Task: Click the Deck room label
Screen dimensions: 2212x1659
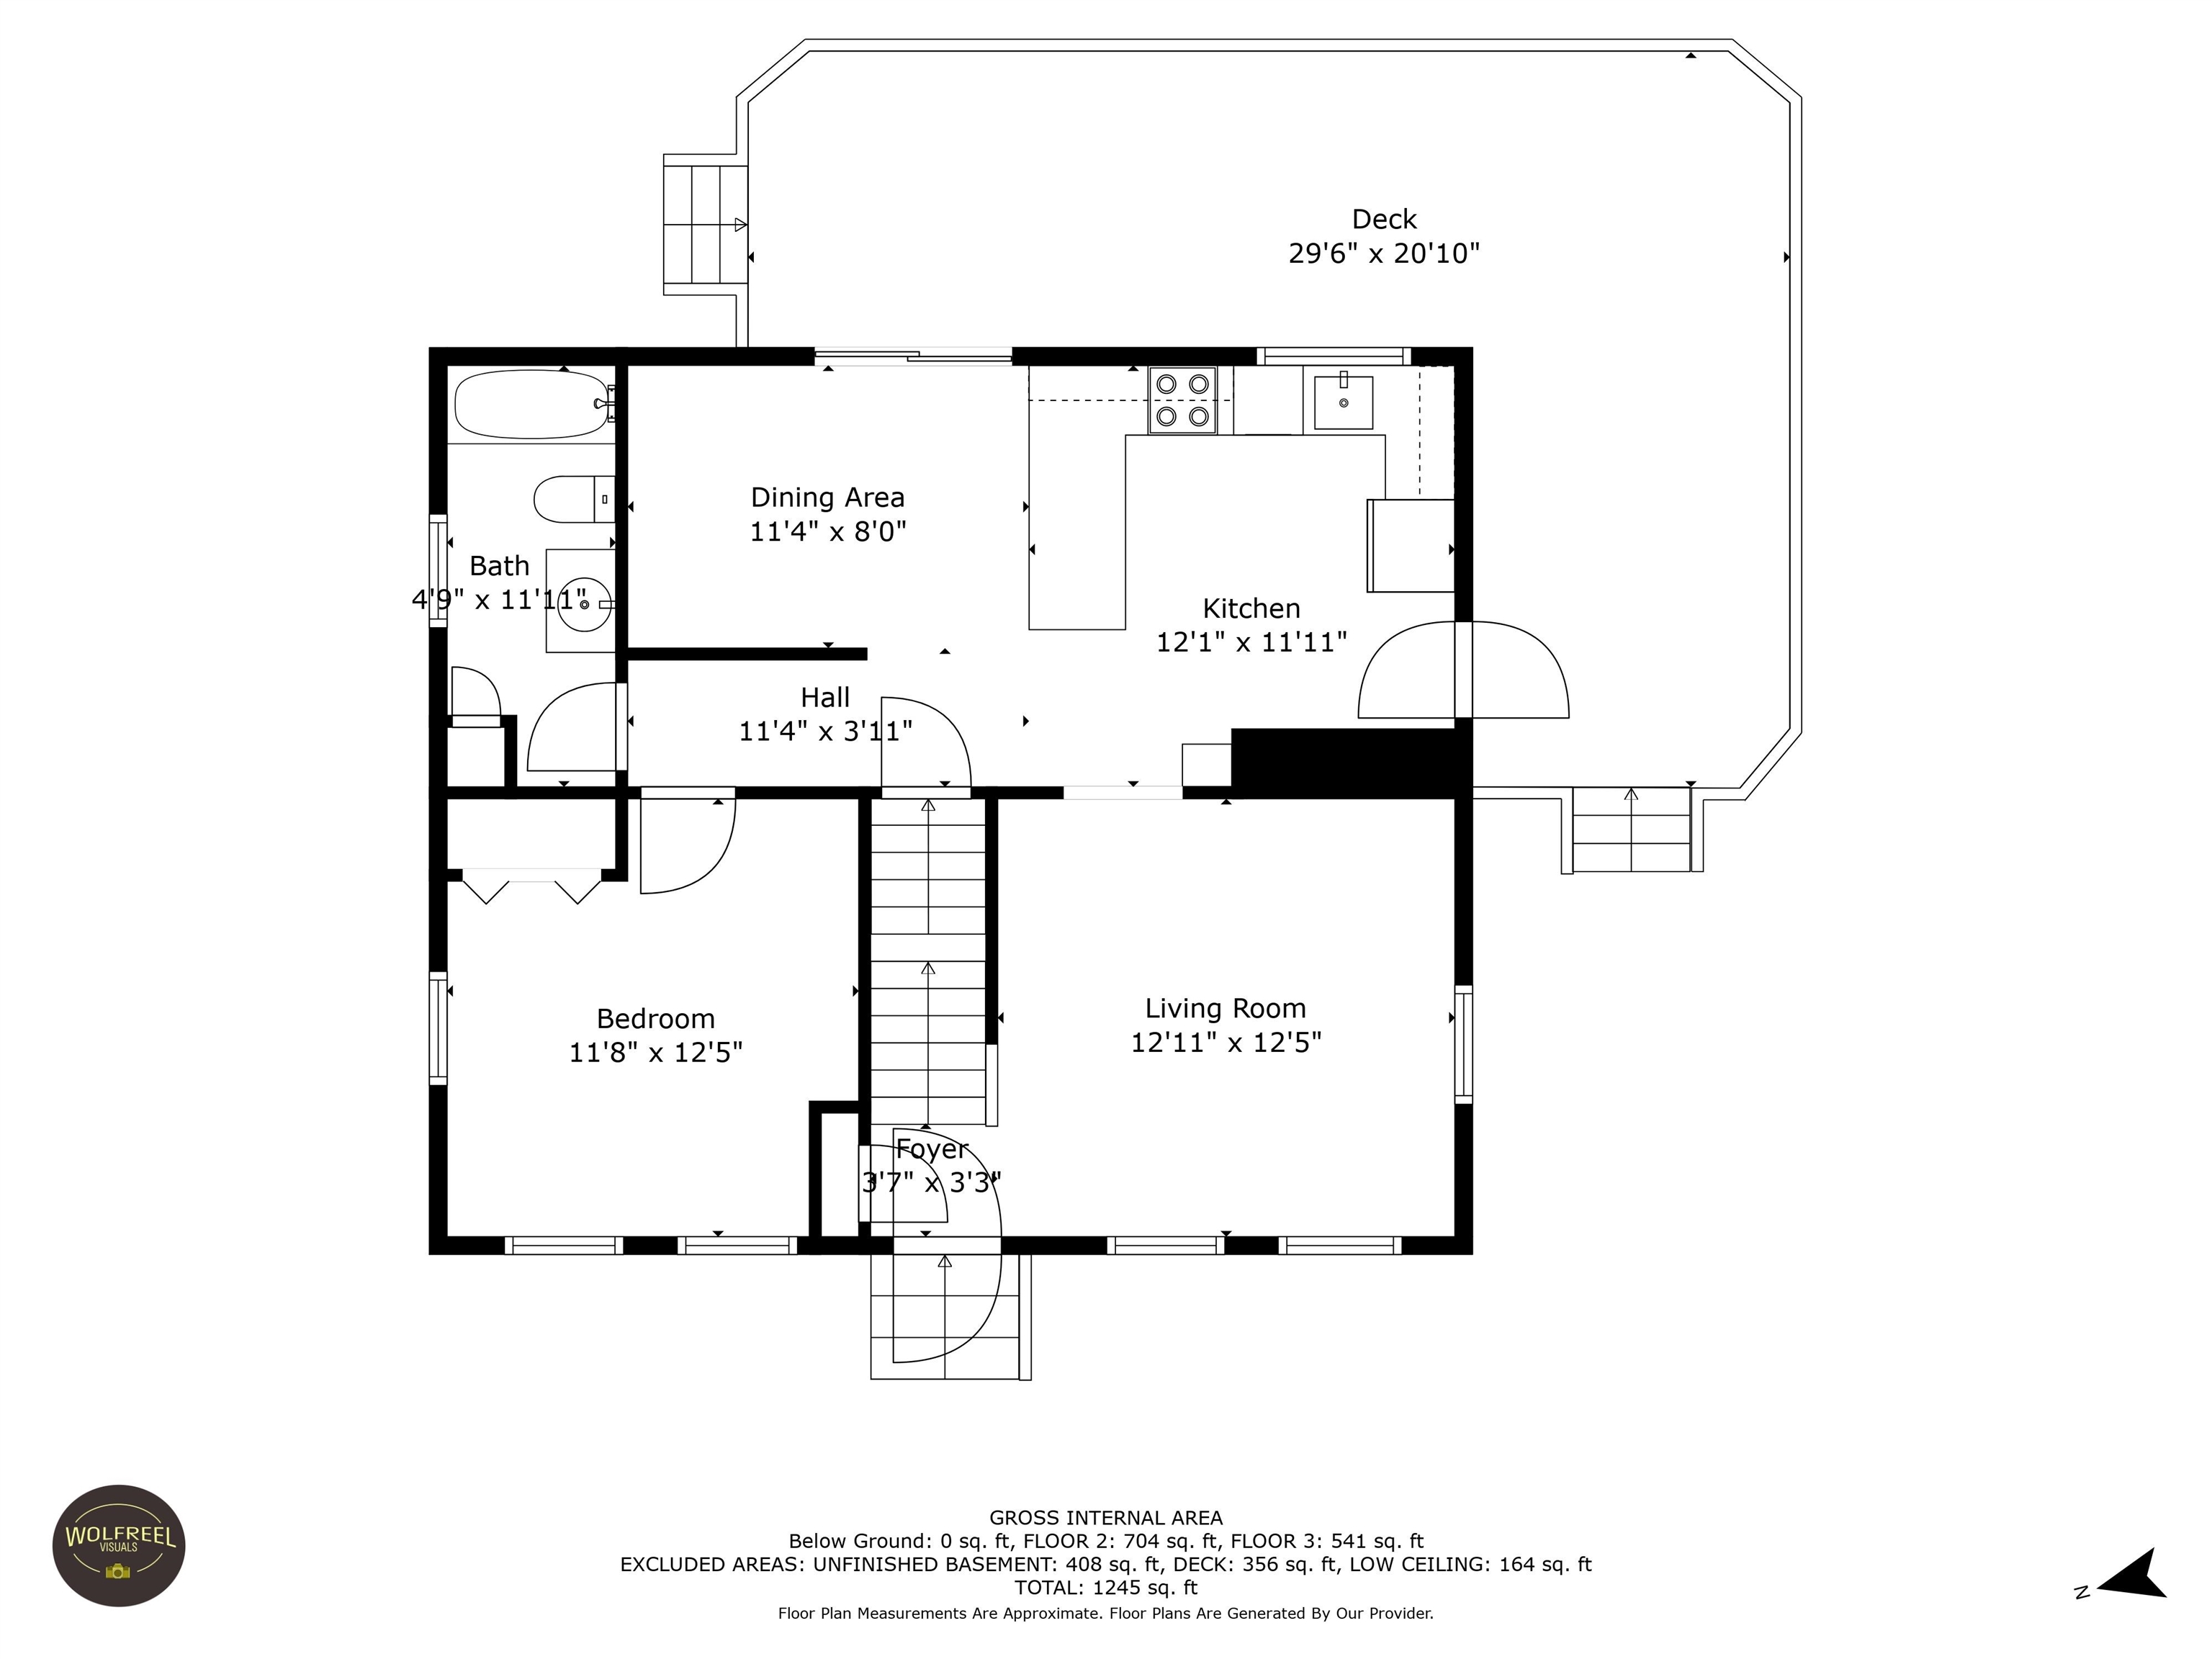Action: [1384, 219]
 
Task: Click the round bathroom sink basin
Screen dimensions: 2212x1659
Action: [584, 604]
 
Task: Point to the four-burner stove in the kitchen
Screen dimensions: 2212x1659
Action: [1183, 400]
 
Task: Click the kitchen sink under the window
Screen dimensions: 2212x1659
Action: [1343, 402]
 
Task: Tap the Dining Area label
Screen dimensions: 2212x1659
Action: [827, 497]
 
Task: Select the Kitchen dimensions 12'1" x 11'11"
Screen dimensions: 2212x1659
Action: [1251, 642]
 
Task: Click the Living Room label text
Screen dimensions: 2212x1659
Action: [1225, 1008]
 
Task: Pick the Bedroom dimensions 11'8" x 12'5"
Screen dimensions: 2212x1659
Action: [655, 1052]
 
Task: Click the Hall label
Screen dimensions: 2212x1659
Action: [825, 697]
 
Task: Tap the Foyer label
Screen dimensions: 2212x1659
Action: [931, 1150]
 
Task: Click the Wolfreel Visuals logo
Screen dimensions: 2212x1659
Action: [119, 1545]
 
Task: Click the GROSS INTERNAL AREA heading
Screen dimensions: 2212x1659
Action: [1105, 1518]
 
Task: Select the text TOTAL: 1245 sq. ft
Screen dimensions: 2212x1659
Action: [1105, 1587]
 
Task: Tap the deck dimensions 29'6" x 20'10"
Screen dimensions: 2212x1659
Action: [1384, 253]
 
